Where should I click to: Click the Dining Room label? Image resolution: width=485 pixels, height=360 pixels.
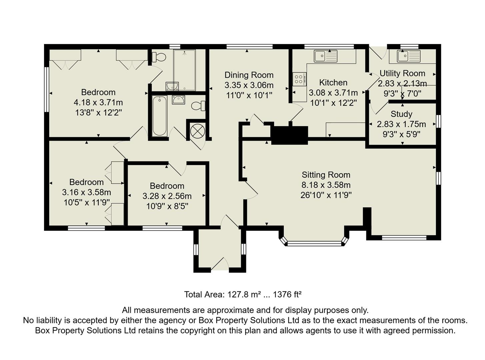coord(249,75)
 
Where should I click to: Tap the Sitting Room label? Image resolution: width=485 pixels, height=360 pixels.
coord(326,175)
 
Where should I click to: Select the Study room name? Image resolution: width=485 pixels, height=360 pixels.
coord(401,114)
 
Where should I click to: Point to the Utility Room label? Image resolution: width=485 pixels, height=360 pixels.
coord(402,73)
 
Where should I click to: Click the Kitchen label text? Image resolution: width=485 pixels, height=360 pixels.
coord(333,82)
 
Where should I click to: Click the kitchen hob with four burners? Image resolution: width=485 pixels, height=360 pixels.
coord(299,79)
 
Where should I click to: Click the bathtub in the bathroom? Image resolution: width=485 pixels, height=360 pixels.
coord(160,116)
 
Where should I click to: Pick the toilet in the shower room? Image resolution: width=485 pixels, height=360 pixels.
coord(159,57)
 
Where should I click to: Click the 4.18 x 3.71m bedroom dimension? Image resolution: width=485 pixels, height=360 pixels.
coord(98,102)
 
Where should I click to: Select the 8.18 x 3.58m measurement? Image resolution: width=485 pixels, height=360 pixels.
coord(326,185)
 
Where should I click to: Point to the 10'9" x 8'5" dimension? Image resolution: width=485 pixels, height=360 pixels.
coord(167,206)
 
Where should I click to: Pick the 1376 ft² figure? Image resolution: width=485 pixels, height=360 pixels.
coord(287,295)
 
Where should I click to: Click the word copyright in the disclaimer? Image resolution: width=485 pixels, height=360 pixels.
coord(198,331)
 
